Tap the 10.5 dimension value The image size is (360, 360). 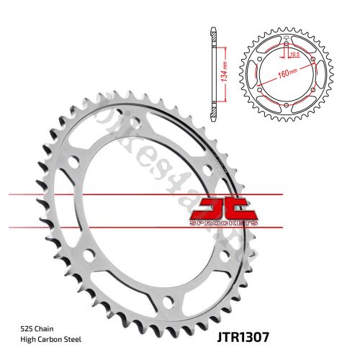[x=294, y=54]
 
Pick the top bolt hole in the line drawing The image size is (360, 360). [x=286, y=42]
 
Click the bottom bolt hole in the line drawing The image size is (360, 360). [x=286, y=112]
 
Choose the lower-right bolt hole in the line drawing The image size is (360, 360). [x=316, y=94]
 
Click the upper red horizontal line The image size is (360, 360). [x=180, y=195]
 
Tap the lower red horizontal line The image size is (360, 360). [x=180, y=228]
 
